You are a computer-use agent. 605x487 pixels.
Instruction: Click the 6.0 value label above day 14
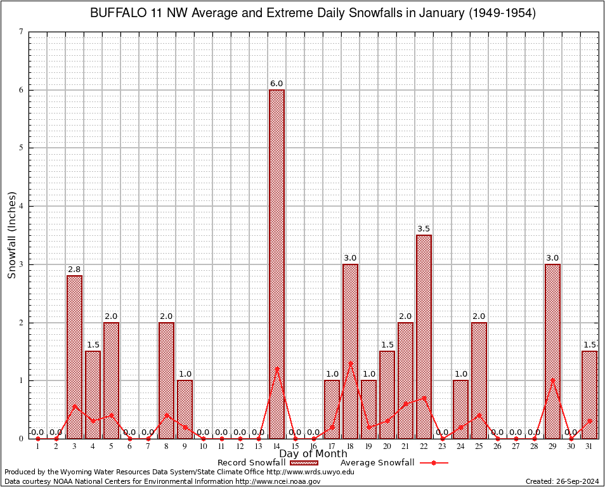276,84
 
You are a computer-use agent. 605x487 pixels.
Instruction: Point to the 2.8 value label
74,269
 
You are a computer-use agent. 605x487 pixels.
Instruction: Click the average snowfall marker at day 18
350,363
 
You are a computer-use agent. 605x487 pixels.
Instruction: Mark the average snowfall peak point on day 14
276,368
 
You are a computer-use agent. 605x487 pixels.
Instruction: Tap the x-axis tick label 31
589,446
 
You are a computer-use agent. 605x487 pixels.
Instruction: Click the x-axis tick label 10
203,446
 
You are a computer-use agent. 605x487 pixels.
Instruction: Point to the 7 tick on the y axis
22,32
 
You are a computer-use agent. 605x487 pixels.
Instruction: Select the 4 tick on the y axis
22,206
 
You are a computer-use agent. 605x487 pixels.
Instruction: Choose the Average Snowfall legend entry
394,462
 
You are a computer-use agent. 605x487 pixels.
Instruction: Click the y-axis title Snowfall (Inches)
12,235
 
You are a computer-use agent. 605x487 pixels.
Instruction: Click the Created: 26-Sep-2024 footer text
562,481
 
